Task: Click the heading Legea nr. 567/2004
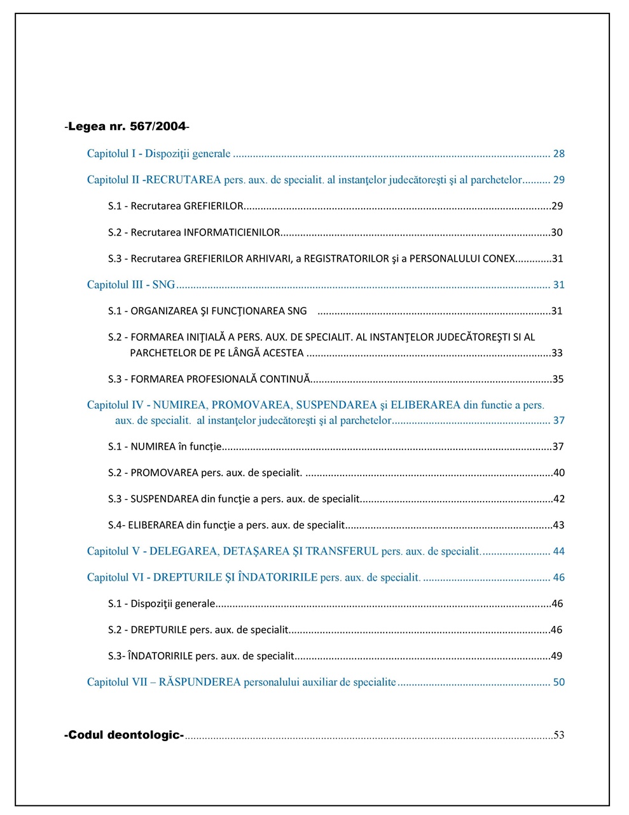click(x=127, y=126)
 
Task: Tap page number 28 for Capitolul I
click(x=558, y=153)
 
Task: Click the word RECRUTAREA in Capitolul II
click(x=183, y=180)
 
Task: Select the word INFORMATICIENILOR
click(x=232, y=232)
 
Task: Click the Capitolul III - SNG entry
click(x=131, y=285)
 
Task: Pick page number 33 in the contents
click(x=557, y=353)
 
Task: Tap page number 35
click(x=558, y=379)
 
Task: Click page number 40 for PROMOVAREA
click(x=558, y=473)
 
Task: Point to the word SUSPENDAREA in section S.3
click(x=164, y=499)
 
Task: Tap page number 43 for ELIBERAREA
click(x=558, y=525)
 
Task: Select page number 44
click(x=558, y=551)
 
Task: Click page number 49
click(x=556, y=656)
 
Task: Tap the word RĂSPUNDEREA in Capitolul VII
click(x=200, y=682)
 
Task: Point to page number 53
click(x=558, y=735)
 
